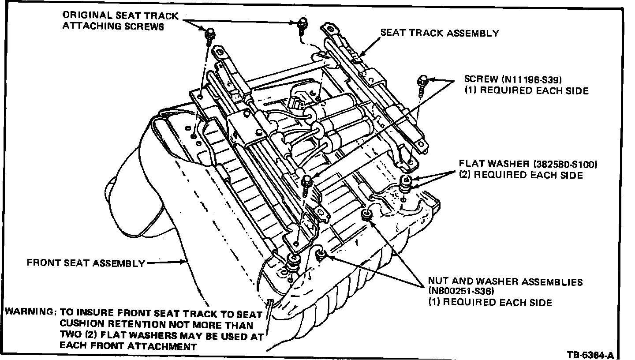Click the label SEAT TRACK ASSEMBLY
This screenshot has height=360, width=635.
pos(439,33)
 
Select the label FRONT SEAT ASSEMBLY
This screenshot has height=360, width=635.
pos(86,263)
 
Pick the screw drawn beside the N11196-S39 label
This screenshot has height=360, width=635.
pos(423,83)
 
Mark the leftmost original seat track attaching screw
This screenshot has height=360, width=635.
pos(210,34)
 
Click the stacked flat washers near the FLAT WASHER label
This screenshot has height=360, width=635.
pos(405,183)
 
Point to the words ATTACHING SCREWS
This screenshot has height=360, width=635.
pos(113,26)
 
